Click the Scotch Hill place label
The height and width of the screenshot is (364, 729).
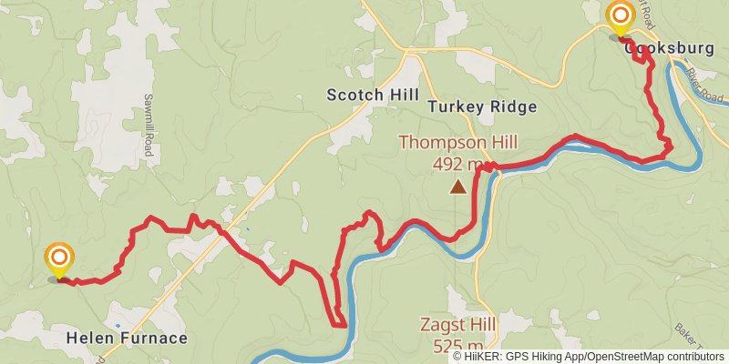373,96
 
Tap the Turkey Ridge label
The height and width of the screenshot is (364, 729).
482,106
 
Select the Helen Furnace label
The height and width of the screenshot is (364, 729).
127,339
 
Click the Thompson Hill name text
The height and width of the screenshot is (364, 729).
457,143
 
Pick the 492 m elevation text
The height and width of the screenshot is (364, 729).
457,165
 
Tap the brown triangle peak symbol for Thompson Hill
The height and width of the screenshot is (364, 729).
457,187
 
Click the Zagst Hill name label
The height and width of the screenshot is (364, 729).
457,324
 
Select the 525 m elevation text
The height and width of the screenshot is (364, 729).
457,346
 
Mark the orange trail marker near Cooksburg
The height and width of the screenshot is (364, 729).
621,17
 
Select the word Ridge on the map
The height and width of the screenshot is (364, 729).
513,106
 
